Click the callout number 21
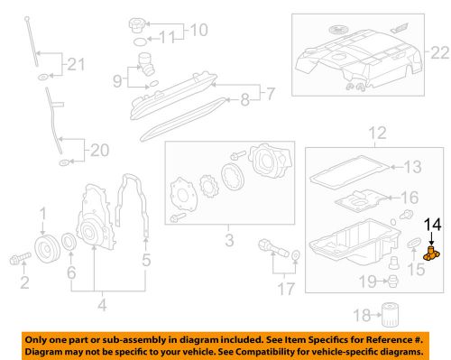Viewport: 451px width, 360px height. [x=75, y=64]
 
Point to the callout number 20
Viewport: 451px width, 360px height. [x=97, y=151]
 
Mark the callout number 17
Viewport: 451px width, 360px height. [x=287, y=290]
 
